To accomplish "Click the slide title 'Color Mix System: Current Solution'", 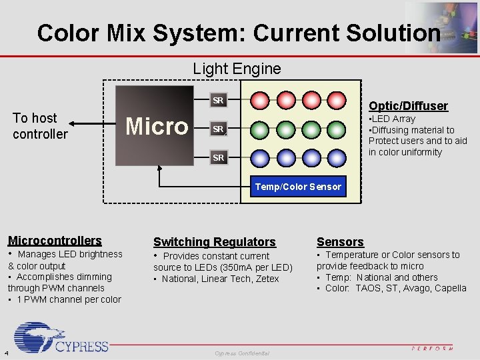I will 239,33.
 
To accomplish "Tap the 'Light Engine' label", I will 237,69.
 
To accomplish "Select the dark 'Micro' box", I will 157,125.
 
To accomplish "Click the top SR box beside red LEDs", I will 218,101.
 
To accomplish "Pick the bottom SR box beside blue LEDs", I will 218,157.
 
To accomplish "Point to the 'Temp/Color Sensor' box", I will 298,187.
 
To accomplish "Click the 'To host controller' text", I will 40,126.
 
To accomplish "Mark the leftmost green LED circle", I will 261,129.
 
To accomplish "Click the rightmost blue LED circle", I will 335,157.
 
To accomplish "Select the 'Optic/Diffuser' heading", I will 408,106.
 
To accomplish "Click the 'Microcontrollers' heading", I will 55,241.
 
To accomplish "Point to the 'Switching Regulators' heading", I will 214,242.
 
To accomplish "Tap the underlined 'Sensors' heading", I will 340,242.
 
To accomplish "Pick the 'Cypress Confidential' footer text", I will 242,353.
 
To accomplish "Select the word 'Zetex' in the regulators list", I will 266,279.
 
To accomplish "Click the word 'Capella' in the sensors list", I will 451,289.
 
